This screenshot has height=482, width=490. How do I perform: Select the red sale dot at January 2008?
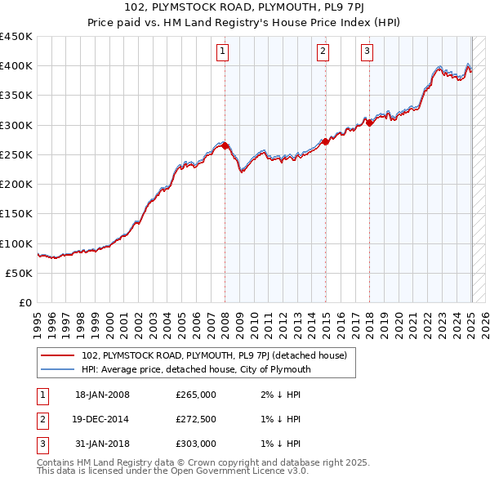pyautogui.click(x=225, y=146)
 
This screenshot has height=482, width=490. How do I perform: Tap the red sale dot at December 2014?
pyautogui.click(x=326, y=141)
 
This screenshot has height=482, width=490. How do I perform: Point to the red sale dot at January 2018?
pyautogui.click(x=370, y=123)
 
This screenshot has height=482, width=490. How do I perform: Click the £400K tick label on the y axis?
pyautogui.click(x=16, y=66)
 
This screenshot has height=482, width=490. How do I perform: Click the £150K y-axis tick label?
pyautogui.click(x=16, y=214)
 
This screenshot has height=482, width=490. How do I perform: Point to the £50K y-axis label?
pyautogui.click(x=20, y=273)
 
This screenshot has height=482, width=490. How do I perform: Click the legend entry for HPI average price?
pyautogui.click(x=196, y=369)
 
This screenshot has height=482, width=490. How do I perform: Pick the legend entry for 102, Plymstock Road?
pyautogui.click(x=215, y=355)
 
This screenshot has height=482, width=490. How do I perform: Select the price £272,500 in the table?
pyautogui.click(x=196, y=419)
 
